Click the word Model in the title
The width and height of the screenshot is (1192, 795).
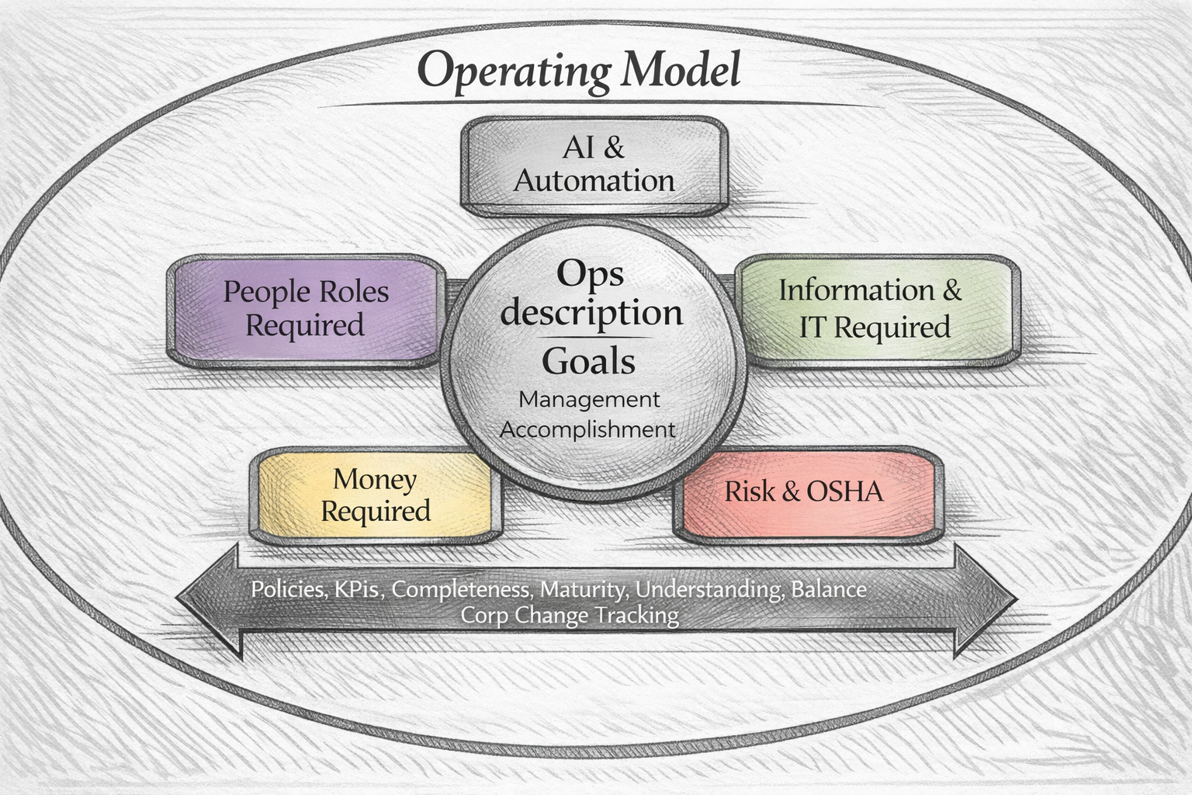pyautogui.click(x=681, y=70)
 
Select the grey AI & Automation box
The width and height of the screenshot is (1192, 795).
pyautogui.click(x=594, y=165)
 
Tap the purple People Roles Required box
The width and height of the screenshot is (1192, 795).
pyautogui.click(x=306, y=309)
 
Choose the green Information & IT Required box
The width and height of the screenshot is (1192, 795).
pyautogui.click(x=876, y=309)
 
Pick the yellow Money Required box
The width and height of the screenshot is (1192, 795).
pyautogui.click(x=376, y=495)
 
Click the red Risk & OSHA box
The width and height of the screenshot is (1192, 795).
pyautogui.click(x=807, y=492)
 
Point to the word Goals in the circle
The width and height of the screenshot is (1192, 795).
pyautogui.click(x=588, y=362)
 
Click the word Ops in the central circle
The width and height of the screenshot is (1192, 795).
pyautogui.click(x=590, y=273)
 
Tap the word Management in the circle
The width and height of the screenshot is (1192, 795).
pyautogui.click(x=589, y=399)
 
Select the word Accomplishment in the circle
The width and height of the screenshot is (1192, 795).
pyautogui.click(x=587, y=429)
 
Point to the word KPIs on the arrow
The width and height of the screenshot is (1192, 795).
pyautogui.click(x=357, y=589)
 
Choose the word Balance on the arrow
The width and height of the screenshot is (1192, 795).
pyautogui.click(x=828, y=589)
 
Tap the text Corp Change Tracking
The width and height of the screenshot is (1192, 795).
pyautogui.click(x=570, y=616)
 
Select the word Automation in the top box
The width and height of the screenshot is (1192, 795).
pyautogui.click(x=594, y=181)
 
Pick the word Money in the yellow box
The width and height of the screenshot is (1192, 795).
pyautogui.click(x=375, y=479)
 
